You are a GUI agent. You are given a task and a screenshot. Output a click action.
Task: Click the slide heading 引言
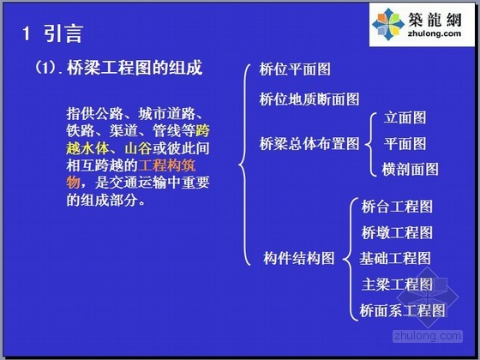pyautogui.click(x=63, y=33)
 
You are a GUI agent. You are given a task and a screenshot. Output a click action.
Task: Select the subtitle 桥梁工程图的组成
pyautogui.click(x=135, y=68)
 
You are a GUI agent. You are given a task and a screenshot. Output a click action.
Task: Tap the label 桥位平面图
pyautogui.click(x=295, y=69)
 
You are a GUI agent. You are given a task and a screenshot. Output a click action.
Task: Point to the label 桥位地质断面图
pyautogui.click(x=309, y=99)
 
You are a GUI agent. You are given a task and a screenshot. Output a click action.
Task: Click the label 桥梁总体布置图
pyautogui.click(x=309, y=144)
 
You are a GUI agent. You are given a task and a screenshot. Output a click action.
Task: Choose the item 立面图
pyautogui.click(x=405, y=117)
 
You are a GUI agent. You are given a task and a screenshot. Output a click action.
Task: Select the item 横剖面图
pyautogui.click(x=410, y=170)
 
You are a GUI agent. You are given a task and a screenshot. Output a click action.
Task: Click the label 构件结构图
pyautogui.click(x=299, y=258)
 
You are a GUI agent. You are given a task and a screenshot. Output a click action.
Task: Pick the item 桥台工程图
pyautogui.click(x=397, y=207)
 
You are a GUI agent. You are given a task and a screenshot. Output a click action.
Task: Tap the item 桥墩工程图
pyautogui.click(x=397, y=232)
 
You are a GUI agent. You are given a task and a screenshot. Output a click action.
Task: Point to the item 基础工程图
pyautogui.click(x=395, y=258)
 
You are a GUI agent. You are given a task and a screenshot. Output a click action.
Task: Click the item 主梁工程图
pyautogui.click(x=397, y=285)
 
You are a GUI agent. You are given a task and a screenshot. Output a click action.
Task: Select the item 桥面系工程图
pyautogui.click(x=402, y=310)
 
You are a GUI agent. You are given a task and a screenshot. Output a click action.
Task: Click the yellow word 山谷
pyautogui.click(x=138, y=149)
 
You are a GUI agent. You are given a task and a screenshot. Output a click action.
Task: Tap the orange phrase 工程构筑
pyautogui.click(x=167, y=166)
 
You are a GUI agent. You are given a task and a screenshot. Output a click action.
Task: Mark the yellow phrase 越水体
pyautogui.click(x=87, y=149)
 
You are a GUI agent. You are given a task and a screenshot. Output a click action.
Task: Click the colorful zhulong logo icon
pyautogui.click(x=388, y=25)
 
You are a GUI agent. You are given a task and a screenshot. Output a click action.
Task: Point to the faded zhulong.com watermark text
pyautogui.click(x=428, y=336)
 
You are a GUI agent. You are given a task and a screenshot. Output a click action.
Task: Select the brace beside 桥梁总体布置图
pyautogui.click(x=371, y=145)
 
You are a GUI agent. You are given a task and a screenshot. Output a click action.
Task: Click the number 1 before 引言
pyautogui.click(x=27, y=33)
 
